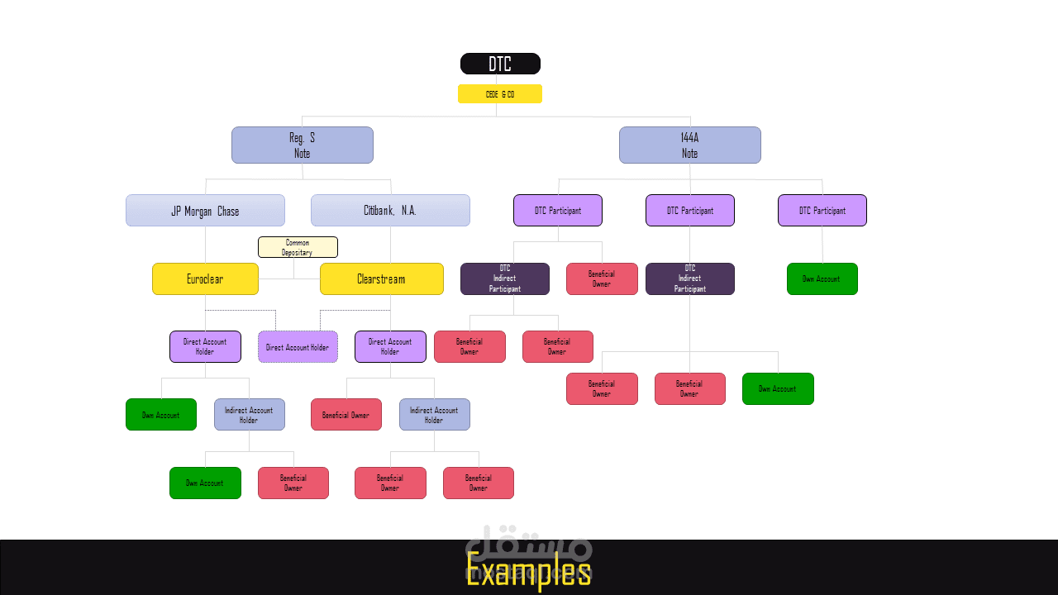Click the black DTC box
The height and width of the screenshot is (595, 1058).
click(x=500, y=64)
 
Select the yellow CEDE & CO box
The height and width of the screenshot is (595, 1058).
click(x=500, y=94)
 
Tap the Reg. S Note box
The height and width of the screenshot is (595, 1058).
click(x=303, y=145)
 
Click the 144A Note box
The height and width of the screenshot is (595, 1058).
click(x=690, y=145)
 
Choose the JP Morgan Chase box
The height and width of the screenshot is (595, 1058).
click(x=205, y=211)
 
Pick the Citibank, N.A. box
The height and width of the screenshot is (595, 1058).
click(x=390, y=211)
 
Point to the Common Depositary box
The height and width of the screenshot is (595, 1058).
click(x=298, y=247)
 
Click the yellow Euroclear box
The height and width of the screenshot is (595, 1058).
click(x=205, y=279)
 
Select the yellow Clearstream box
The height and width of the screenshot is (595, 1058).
click(x=381, y=279)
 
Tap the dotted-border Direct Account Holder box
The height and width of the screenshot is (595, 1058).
click(x=298, y=347)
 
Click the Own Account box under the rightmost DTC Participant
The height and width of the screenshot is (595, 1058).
click(x=822, y=279)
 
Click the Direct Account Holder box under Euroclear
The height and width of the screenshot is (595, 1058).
click(x=205, y=347)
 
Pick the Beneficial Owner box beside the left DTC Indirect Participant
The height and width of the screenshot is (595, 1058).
click(x=602, y=279)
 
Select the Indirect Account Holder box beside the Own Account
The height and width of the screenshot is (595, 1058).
click(x=249, y=415)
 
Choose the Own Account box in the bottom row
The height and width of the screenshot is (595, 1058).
click(x=205, y=483)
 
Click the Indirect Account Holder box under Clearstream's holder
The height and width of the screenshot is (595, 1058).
click(x=434, y=415)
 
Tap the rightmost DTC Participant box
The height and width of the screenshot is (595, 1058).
click(x=822, y=211)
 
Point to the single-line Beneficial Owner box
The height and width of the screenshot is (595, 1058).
click(x=346, y=415)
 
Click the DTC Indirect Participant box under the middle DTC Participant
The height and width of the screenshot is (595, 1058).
click(x=690, y=279)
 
